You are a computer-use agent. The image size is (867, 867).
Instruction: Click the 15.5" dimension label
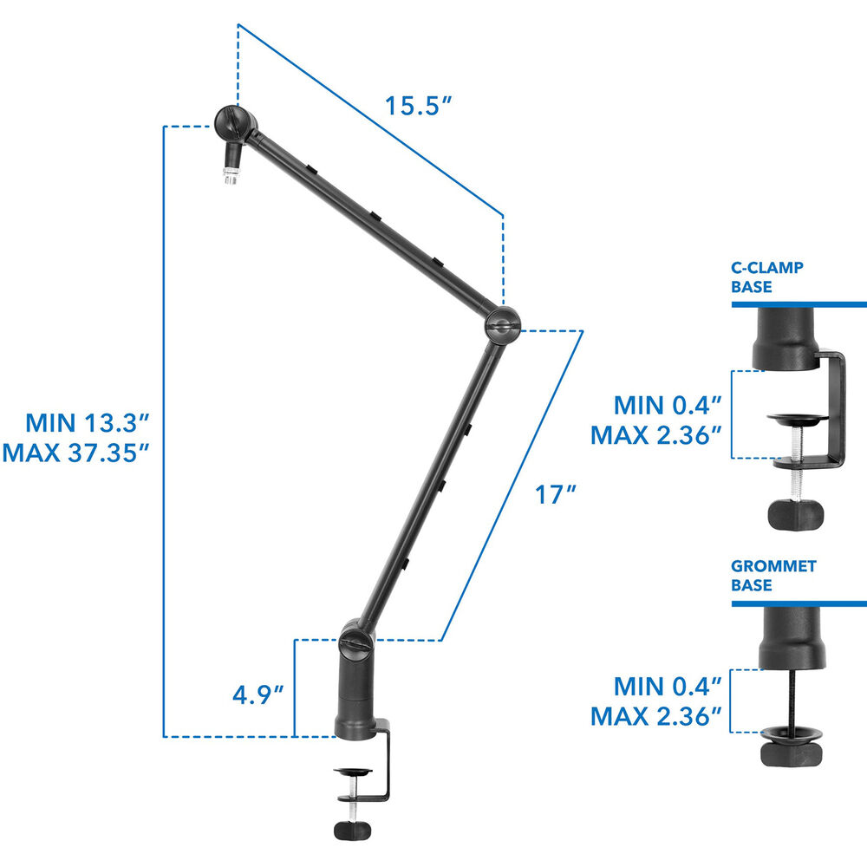click(x=418, y=105)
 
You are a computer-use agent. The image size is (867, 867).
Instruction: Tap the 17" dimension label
click(x=555, y=494)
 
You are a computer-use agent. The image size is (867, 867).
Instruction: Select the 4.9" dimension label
click(x=257, y=694)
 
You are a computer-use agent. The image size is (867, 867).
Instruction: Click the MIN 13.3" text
click(x=88, y=423)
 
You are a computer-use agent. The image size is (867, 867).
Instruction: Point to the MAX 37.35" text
click(x=75, y=453)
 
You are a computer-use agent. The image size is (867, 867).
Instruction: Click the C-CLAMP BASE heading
click(x=766, y=277)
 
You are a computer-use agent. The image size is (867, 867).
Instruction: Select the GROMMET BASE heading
click(x=773, y=575)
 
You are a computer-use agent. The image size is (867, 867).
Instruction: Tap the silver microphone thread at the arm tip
click(x=230, y=175)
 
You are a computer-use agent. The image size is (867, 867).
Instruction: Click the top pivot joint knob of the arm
click(x=235, y=124)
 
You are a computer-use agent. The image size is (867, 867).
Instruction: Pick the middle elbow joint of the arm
click(x=502, y=326)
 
